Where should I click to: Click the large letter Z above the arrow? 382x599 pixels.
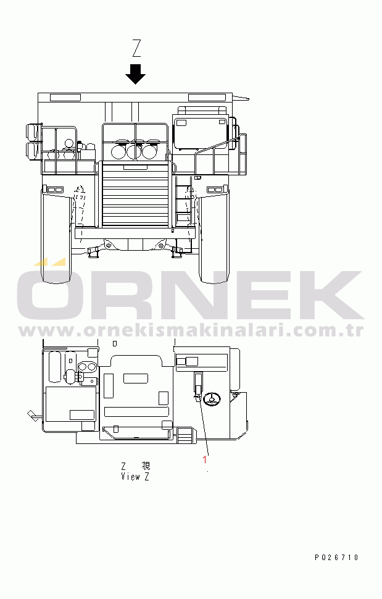point(136,48)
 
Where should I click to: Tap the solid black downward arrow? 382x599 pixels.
point(136,73)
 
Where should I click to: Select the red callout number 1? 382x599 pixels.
point(205,459)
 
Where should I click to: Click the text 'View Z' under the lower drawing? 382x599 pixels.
point(135,476)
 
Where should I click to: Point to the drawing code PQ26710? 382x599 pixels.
point(336,558)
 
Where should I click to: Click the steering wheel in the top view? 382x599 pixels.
point(212,399)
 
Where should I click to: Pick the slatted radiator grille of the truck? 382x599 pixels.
point(135,194)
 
